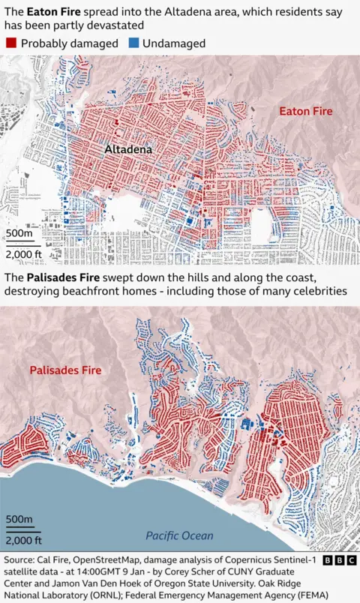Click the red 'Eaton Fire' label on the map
305,111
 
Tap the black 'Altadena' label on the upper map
128,150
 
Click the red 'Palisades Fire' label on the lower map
65,370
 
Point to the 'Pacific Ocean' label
179,535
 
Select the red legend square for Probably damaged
10,43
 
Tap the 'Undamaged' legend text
174,43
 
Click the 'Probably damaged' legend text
69,43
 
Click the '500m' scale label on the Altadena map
19,234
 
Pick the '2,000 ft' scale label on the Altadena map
24,254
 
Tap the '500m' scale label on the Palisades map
19,519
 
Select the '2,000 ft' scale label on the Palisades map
24,539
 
